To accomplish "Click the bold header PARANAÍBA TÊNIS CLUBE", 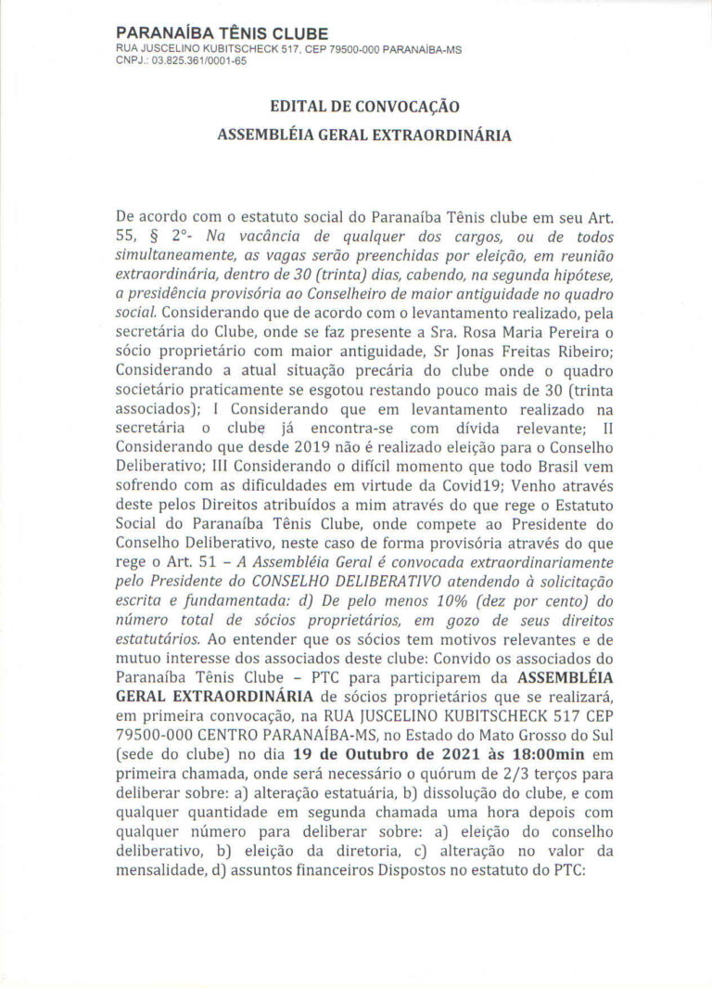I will click(x=203, y=33).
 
